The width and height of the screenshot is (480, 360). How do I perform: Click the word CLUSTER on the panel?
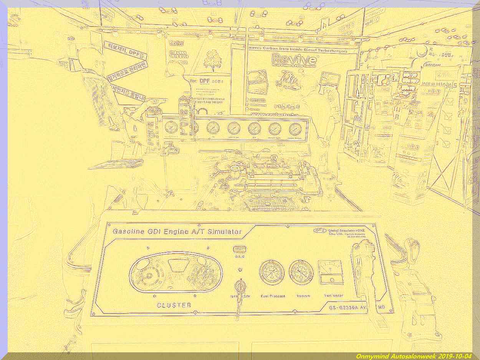[174, 305]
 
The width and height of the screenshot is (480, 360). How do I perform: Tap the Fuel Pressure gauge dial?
[272, 272]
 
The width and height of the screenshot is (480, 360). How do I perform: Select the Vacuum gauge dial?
[301, 272]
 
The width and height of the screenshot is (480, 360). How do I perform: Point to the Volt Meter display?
[331, 272]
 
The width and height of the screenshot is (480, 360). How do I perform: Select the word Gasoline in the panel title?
[128, 232]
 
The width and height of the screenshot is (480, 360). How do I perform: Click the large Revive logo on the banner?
[295, 59]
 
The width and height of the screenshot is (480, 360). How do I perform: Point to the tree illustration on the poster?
[211, 60]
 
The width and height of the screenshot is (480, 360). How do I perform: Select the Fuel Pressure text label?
[273, 296]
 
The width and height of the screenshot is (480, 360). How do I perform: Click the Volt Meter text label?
[334, 295]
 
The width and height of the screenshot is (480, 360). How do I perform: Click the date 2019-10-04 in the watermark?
[454, 356]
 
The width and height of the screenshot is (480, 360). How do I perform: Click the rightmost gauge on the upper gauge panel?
[295, 129]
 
